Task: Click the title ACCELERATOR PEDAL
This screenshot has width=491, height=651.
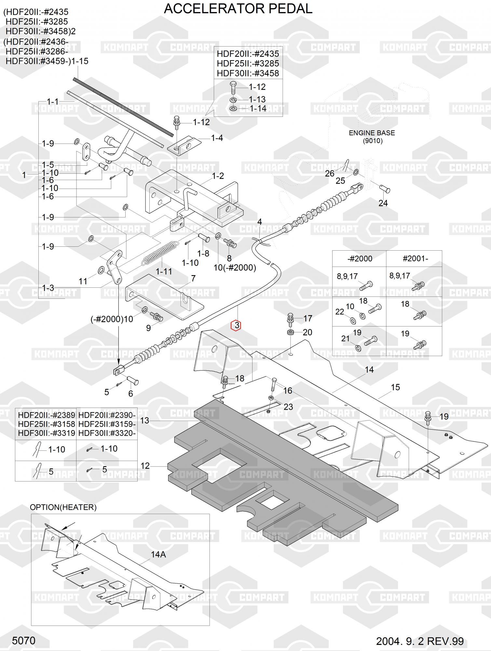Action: (238, 9)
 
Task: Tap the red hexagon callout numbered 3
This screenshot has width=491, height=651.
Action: (236, 325)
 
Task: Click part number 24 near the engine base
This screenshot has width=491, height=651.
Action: (383, 203)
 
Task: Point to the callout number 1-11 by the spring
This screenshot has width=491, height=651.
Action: (164, 271)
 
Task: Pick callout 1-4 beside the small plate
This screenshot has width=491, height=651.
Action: (217, 138)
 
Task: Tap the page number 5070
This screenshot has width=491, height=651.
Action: (23, 641)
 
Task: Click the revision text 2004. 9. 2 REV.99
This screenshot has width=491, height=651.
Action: (420, 641)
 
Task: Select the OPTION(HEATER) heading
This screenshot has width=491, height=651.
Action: (63, 507)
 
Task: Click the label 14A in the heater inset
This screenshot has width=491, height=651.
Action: (158, 554)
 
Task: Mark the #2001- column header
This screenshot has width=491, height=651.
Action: (415, 259)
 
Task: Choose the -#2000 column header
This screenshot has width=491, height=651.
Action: (360, 259)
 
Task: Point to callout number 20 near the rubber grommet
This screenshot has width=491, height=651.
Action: (307, 332)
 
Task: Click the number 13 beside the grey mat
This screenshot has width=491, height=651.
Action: (144, 421)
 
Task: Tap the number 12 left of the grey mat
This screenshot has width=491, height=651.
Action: (145, 466)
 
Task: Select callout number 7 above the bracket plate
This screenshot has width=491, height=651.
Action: (193, 279)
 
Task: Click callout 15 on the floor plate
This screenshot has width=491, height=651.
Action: (395, 387)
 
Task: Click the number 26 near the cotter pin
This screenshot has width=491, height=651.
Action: (330, 173)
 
